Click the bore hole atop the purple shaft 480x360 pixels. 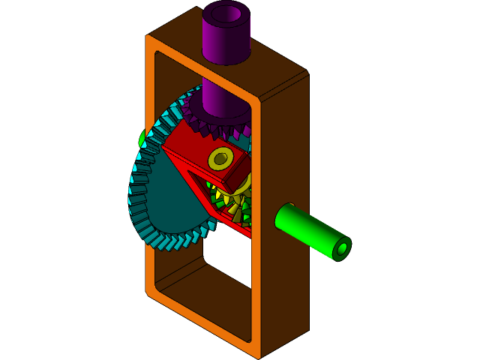click(x=226, y=13)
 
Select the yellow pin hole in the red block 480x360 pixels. click(x=220, y=158)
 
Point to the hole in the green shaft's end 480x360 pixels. click(x=342, y=247)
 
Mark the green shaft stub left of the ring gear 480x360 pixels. click(x=142, y=138)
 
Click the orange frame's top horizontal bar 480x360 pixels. click(x=202, y=67)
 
